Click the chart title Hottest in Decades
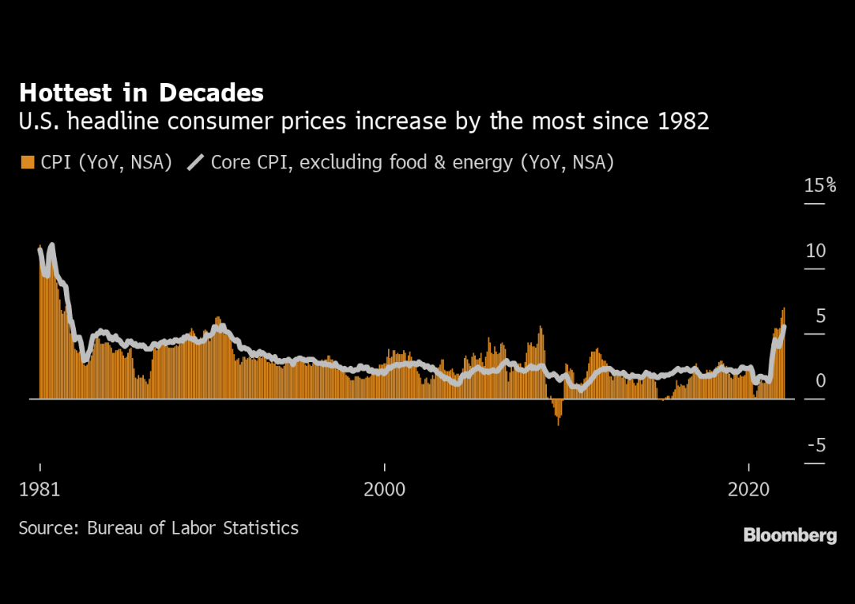[x=141, y=93]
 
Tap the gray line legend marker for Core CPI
[x=195, y=163]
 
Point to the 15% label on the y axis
[x=819, y=186]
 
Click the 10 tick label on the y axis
[x=815, y=251]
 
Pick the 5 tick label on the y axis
[x=820, y=316]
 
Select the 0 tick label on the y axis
[x=820, y=381]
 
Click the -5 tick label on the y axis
[x=815, y=446]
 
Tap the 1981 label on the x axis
[x=40, y=489]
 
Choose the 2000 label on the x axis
[x=384, y=489]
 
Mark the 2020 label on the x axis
[x=748, y=489]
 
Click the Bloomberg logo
[x=789, y=536]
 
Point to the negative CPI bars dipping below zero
[x=557, y=411]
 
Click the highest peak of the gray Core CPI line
[x=52, y=247]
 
